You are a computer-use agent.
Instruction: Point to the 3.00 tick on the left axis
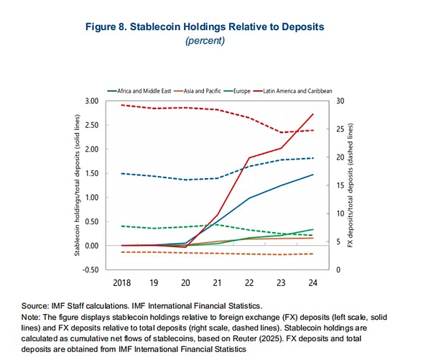[x=91, y=101]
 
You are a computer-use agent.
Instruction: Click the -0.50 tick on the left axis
[x=89, y=269]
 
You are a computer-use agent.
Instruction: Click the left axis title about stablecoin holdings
[x=76, y=185]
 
